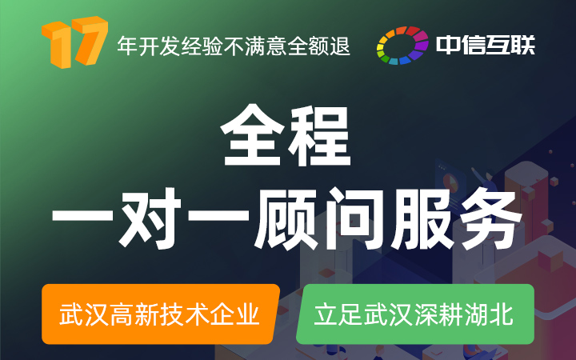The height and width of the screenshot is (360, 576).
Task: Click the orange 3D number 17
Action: point(74,42)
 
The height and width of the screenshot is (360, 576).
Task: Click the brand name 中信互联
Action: point(486,45)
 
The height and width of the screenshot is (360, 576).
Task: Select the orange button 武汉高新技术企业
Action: point(161,314)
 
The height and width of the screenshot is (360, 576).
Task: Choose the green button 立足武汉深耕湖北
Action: point(415,314)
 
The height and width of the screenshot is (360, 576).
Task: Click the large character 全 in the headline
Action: point(252,135)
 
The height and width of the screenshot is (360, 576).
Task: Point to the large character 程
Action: point(319,135)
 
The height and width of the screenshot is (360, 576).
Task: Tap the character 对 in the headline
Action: point(150,218)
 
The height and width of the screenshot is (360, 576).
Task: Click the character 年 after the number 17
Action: point(127,46)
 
